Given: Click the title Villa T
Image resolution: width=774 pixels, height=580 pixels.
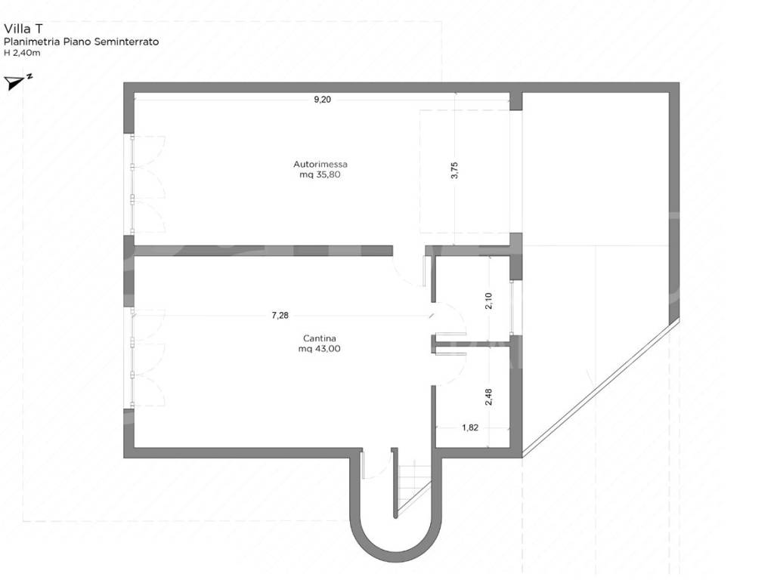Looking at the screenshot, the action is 23,29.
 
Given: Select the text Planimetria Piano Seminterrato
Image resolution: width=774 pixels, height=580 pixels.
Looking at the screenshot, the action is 82,42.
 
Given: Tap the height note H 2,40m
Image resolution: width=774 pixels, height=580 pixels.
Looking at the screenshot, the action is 22,53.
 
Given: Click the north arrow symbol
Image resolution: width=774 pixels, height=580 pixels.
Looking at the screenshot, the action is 18,82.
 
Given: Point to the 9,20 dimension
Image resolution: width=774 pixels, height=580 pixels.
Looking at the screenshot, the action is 322,100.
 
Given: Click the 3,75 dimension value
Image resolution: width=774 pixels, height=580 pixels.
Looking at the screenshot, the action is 454,170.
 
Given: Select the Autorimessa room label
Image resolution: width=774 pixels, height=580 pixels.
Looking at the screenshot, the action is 320,164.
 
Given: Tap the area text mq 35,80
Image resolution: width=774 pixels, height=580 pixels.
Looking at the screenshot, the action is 320,174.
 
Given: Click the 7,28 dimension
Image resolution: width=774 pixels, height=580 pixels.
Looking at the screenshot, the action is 280,316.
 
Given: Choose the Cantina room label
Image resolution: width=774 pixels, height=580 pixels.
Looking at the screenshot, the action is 320,338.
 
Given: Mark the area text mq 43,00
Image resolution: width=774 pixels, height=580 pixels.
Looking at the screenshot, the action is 320,349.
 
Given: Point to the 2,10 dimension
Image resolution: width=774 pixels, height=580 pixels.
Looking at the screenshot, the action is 488,301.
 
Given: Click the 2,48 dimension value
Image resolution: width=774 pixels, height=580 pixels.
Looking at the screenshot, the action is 488,397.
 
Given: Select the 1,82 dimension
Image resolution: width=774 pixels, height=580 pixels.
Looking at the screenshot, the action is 470,427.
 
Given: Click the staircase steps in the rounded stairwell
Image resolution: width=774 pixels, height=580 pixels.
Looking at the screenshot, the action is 413,486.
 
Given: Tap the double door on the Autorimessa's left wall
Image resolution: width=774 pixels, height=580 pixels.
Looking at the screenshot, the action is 147,184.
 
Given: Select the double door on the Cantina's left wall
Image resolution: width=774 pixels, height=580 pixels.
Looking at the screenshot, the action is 147,357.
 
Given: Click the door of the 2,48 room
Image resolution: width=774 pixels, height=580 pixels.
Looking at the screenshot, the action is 449,365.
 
